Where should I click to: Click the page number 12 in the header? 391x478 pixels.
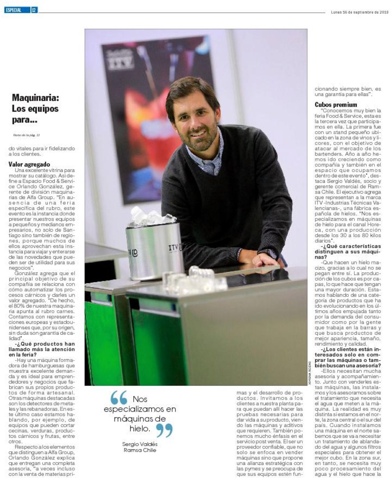(x=34, y=11)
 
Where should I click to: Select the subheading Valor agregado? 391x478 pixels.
(x=29, y=165)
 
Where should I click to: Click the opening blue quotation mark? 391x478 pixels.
(x=119, y=398)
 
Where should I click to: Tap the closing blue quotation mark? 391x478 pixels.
(x=164, y=430)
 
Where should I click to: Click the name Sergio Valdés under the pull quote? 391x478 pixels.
(x=140, y=444)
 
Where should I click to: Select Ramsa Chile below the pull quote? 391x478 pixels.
(x=140, y=450)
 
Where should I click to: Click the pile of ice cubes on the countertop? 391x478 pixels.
(x=192, y=279)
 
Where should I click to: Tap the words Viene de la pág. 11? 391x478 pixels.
(x=27, y=135)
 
